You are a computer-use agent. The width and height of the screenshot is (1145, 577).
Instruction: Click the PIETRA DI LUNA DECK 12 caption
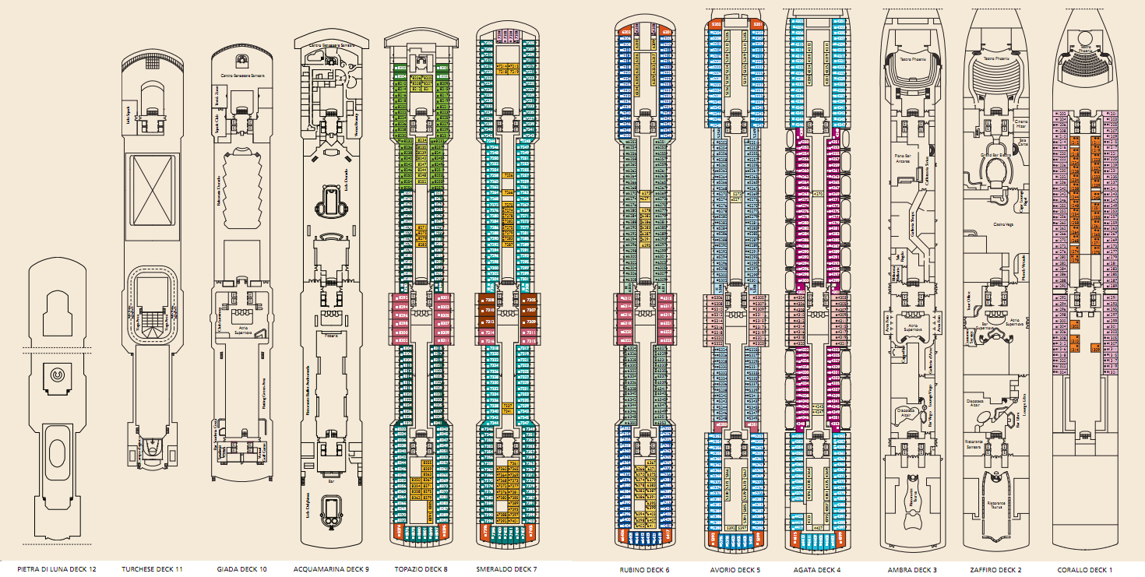click(57, 569)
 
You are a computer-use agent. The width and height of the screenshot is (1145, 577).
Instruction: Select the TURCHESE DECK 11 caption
click(152, 569)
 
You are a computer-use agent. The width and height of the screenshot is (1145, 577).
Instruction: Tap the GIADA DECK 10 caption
click(241, 569)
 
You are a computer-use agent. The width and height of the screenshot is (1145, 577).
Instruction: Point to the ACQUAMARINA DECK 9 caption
click(331, 569)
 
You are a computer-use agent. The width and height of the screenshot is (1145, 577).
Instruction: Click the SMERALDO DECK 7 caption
click(506, 569)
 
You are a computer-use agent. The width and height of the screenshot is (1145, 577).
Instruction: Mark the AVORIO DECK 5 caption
click(735, 569)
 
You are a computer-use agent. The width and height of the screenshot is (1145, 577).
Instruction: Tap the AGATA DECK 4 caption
click(817, 569)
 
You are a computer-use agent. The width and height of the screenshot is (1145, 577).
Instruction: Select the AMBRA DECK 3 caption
click(912, 569)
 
